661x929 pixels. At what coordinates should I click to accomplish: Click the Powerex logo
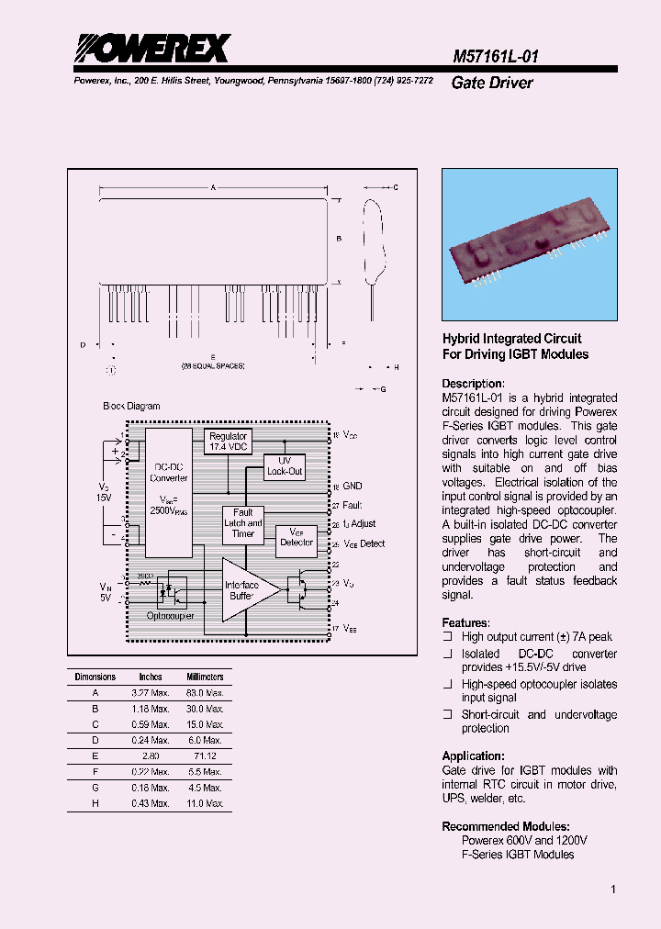pyautogui.click(x=151, y=48)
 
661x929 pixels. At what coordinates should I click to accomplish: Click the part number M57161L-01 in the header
pyautogui.click(x=496, y=56)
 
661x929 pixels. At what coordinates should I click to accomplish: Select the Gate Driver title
pyautogui.click(x=492, y=83)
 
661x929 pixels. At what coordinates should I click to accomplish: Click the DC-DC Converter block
pyautogui.click(x=168, y=491)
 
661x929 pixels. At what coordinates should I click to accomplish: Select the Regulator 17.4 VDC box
pyautogui.click(x=228, y=442)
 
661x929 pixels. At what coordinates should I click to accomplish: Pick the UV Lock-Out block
pyautogui.click(x=285, y=465)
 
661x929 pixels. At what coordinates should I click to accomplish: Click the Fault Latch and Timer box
pyautogui.click(x=242, y=523)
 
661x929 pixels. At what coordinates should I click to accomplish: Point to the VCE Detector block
pyautogui.click(x=296, y=537)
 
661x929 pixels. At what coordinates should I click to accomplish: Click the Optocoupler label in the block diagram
pyautogui.click(x=171, y=616)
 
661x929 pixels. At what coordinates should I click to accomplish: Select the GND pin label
pyautogui.click(x=353, y=486)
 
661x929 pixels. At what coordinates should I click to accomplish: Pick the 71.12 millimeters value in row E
pyautogui.click(x=206, y=756)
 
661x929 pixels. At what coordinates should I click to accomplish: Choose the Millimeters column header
pyautogui.click(x=205, y=677)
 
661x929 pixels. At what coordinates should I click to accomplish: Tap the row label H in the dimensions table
pyautogui.click(x=95, y=803)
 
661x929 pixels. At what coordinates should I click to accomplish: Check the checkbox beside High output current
pyautogui.click(x=448, y=636)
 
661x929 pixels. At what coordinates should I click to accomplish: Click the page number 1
pyautogui.click(x=612, y=890)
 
